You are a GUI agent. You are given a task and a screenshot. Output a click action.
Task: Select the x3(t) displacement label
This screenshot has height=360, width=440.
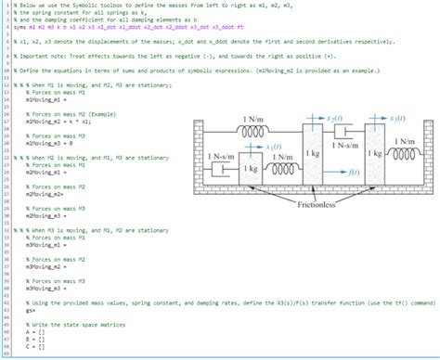coord(401,120)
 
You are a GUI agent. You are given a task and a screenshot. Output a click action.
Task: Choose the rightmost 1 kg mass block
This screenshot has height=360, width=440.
coord(375,150)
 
